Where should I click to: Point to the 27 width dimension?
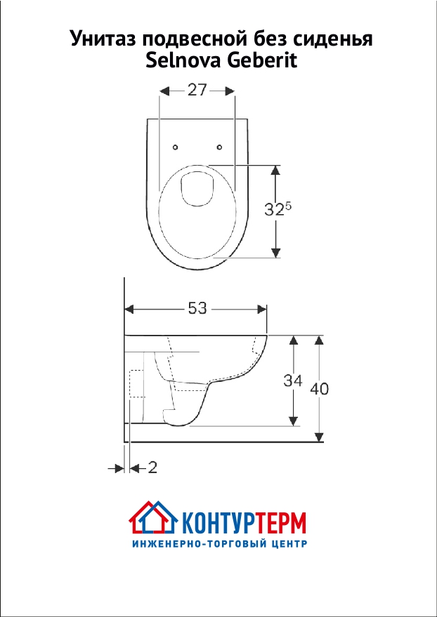(197, 91)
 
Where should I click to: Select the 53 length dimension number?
(197, 308)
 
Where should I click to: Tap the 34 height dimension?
(292, 380)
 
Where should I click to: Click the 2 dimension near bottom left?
(152, 467)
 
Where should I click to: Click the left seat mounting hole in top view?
(176, 147)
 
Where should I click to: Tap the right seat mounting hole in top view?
(220, 147)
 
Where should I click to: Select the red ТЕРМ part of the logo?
(280, 523)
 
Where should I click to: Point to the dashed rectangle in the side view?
(137, 383)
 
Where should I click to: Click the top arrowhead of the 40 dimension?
(320, 340)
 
